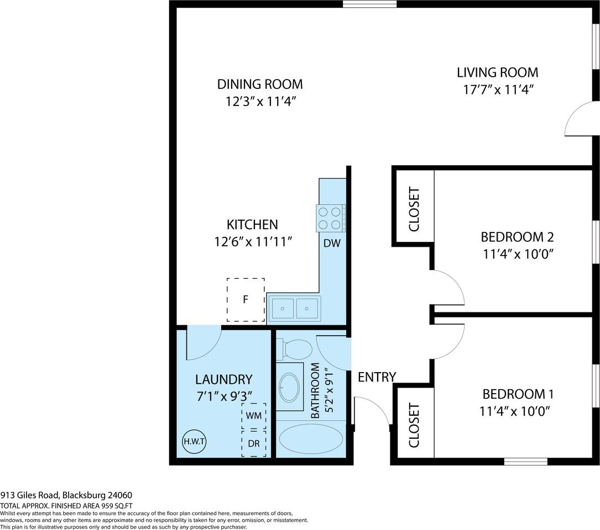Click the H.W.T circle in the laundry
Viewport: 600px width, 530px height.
tap(194, 441)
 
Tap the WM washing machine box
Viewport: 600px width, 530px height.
tap(254, 415)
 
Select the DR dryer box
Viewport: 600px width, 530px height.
tap(254, 444)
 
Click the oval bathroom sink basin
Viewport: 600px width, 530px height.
tap(289, 387)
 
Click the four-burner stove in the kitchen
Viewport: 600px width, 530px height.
tap(330, 218)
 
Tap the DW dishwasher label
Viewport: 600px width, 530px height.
tap(332, 243)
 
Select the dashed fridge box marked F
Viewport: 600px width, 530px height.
tap(246, 300)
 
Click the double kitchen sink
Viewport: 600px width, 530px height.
tap(295, 308)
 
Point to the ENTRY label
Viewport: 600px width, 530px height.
tap(377, 377)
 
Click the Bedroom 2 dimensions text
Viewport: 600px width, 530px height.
tap(517, 254)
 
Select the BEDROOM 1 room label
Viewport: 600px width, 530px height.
tap(518, 394)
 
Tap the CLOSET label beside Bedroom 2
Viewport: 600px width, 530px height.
tap(414, 209)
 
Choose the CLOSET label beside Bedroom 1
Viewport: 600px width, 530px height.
tap(414, 425)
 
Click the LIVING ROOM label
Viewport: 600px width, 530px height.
tap(497, 72)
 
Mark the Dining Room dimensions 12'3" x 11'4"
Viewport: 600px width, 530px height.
tap(260, 102)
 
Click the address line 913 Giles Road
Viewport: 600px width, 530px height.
tap(66, 495)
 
